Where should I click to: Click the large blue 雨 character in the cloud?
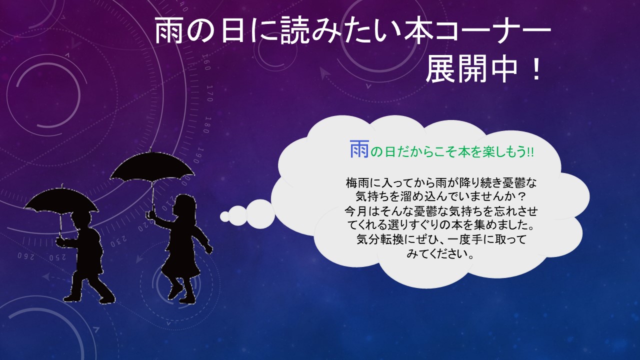(x=359, y=149)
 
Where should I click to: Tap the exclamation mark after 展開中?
(x=536, y=69)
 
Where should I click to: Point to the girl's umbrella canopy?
(x=152, y=167)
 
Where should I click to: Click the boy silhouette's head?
(x=81, y=221)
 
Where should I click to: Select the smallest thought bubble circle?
(x=225, y=216)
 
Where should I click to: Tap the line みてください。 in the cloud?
(x=441, y=253)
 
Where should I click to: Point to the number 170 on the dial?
(x=209, y=93)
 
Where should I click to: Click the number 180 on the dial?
(x=207, y=125)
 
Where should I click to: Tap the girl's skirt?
(x=180, y=261)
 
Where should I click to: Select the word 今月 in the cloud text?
(x=356, y=211)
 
